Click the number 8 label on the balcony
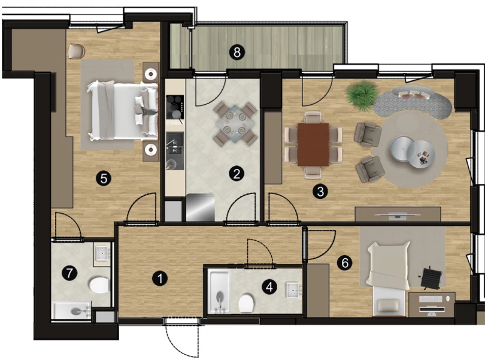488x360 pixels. coord(237,52)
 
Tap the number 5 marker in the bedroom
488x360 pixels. coord(104,179)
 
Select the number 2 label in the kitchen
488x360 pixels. coord(237,174)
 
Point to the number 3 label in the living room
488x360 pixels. coord(320,191)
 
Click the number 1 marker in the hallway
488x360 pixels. coord(160,279)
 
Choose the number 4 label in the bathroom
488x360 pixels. coord(269,286)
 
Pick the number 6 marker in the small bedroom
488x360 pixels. coord(345,263)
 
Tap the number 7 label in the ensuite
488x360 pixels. coord(69,273)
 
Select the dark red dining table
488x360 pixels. coord(313,144)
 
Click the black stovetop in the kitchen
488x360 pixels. coord(175,107)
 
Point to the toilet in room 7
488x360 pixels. coord(99,285)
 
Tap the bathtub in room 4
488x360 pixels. coord(219,292)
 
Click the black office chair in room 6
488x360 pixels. coord(431,277)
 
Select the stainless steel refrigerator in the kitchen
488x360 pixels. coord(200,207)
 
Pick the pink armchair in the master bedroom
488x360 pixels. coord(77,51)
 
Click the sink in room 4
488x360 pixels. coord(293,291)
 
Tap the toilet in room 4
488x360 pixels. coord(247,303)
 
